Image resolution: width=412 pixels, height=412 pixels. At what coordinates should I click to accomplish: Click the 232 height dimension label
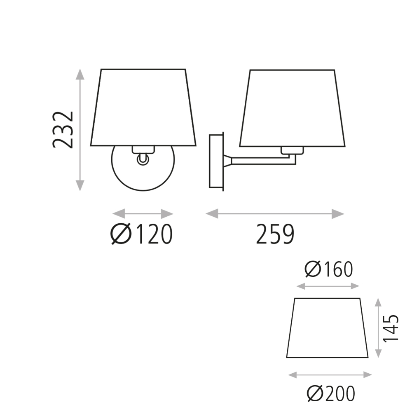[x=63, y=129]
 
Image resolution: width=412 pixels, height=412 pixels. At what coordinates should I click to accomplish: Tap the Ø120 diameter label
[x=141, y=234]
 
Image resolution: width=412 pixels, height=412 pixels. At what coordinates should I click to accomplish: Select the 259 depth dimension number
[x=275, y=234]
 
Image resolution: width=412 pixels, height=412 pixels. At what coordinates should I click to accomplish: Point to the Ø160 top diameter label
[x=329, y=269]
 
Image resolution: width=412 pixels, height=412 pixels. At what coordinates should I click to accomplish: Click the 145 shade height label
[x=391, y=328]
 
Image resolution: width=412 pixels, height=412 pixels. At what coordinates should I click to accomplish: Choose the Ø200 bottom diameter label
[x=331, y=393]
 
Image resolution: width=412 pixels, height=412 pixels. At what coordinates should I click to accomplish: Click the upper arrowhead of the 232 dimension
[x=80, y=74]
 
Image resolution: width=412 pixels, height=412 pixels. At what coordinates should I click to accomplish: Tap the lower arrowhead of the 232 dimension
[x=80, y=186]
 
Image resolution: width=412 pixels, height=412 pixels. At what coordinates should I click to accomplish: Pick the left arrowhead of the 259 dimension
[x=212, y=213]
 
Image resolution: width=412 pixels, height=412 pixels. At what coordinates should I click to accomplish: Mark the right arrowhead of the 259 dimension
[x=338, y=213]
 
